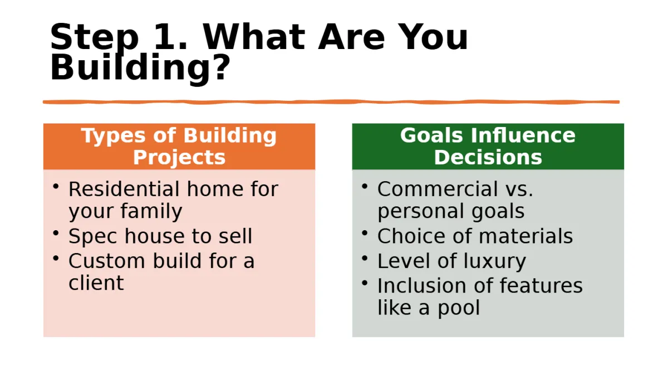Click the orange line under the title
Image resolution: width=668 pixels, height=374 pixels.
(331, 102)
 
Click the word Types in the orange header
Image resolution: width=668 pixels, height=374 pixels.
(113, 136)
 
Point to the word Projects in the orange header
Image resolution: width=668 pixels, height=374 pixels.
(179, 158)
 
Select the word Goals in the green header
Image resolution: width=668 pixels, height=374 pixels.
(431, 135)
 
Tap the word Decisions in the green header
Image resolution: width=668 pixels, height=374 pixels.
(488, 157)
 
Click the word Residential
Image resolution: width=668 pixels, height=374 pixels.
(124, 189)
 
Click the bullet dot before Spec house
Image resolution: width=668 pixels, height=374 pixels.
(56, 233)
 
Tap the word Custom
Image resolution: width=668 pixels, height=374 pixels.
(107, 261)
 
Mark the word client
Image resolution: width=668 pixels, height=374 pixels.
(96, 283)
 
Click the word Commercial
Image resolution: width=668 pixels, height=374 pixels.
(438, 189)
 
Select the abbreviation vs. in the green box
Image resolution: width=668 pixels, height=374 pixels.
(519, 190)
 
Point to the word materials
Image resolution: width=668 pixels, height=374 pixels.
(525, 236)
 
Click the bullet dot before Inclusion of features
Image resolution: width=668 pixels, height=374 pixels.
(365, 283)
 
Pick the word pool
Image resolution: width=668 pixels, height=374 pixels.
(459, 309)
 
